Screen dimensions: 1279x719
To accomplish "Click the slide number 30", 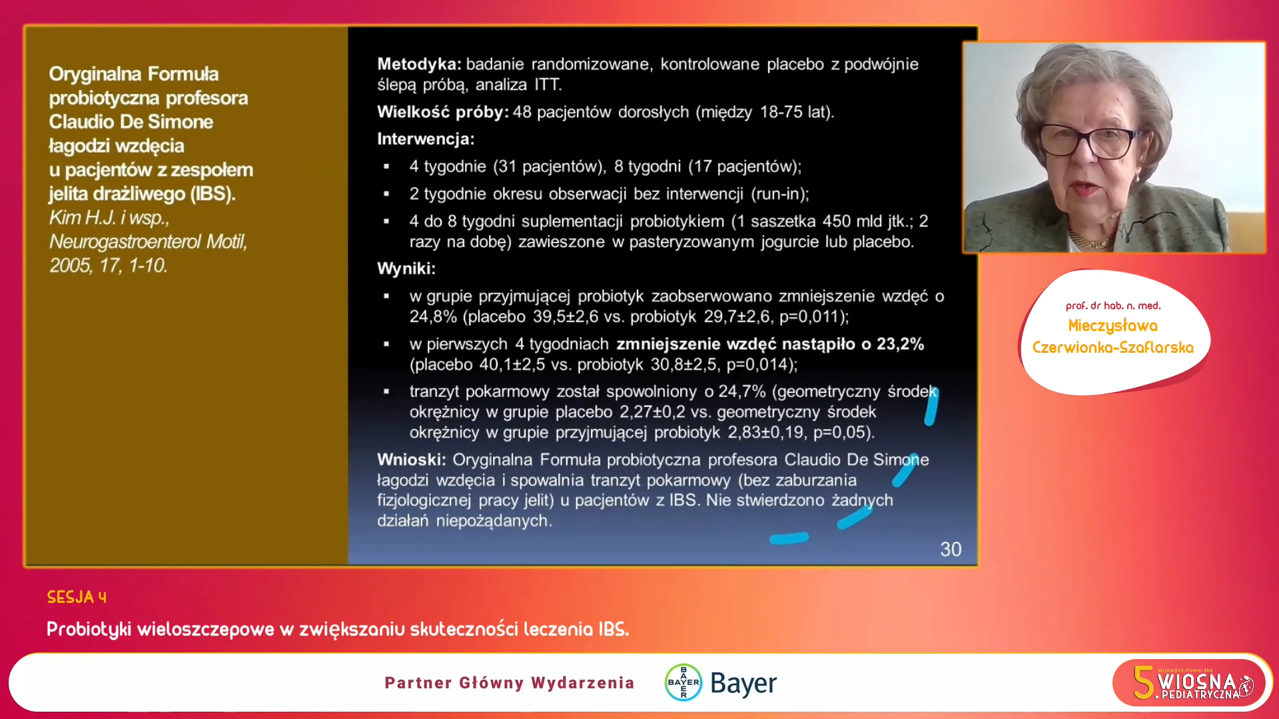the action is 951,549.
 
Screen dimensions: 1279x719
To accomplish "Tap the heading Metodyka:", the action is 419,64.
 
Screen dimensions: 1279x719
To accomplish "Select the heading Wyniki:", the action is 406,268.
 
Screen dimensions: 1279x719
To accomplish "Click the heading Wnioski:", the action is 411,459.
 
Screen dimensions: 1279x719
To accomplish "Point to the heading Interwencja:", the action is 426,138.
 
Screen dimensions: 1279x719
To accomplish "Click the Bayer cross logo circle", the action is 683,682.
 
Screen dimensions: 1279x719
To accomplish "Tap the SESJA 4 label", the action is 77,597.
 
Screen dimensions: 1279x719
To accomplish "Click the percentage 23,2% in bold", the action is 900,344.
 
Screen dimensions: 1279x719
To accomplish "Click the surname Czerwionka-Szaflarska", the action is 1113,348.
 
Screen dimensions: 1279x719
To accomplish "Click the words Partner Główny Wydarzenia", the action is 510,682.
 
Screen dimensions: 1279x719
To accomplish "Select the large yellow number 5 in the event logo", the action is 1144,683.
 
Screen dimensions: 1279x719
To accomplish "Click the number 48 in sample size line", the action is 522,112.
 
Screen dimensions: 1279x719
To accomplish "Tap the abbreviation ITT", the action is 548,85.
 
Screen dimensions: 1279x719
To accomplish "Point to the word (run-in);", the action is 780,194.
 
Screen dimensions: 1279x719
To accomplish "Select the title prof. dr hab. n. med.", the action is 1113,306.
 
